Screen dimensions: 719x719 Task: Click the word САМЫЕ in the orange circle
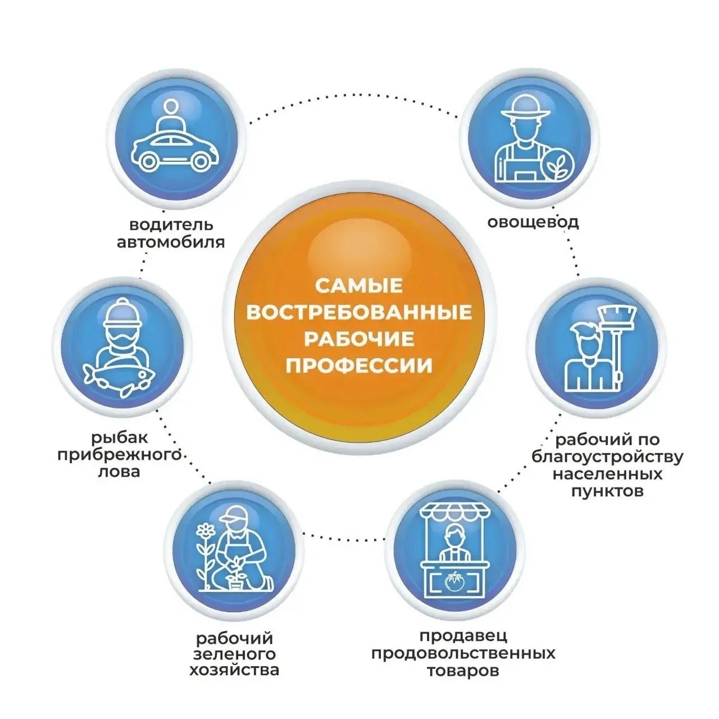[359, 286]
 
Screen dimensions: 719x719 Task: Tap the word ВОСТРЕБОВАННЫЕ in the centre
[359, 313]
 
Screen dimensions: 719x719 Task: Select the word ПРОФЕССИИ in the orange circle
[359, 367]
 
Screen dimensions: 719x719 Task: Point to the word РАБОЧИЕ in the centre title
[359, 340]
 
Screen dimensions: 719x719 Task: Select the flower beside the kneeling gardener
[207, 531]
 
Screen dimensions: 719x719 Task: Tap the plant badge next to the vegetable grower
[558, 165]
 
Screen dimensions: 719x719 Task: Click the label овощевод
[533, 222]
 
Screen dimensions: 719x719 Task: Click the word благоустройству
[607, 456]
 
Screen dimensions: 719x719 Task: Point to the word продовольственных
[463, 654]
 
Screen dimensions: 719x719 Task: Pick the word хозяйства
[234, 671]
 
